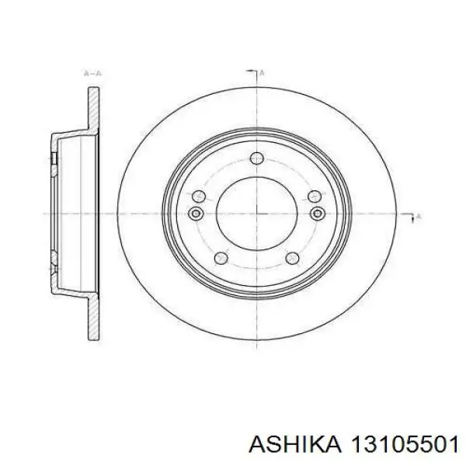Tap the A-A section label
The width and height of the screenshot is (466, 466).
click(92, 73)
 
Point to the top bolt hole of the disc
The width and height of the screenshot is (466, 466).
click(257, 158)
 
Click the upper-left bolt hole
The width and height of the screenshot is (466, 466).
click(199, 196)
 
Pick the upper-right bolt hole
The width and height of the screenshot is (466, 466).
click(315, 196)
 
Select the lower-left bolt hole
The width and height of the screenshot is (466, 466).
click(221, 258)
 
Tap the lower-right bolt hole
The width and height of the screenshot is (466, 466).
click(292, 258)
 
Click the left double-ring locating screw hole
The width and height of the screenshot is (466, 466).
click(196, 214)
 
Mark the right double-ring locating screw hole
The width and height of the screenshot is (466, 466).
click(318, 214)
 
